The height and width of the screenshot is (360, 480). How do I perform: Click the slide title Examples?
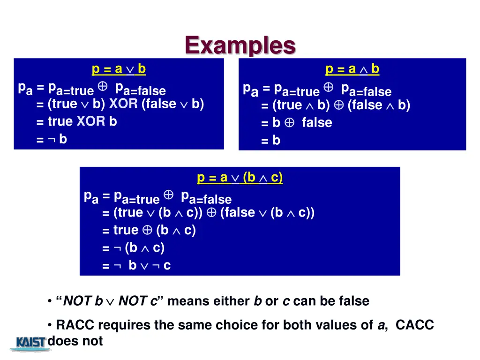[x=240, y=45]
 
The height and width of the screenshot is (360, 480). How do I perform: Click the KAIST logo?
[x=31, y=343]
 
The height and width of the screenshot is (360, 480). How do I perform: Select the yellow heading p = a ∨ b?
[x=119, y=69]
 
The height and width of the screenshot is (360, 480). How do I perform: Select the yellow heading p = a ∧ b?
[x=352, y=69]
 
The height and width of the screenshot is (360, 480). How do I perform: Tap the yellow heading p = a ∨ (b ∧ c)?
[x=240, y=178]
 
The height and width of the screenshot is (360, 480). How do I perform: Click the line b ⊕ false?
[x=297, y=123]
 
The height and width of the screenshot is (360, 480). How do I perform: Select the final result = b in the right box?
[x=271, y=140]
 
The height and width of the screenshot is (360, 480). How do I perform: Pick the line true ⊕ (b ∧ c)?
[x=149, y=230]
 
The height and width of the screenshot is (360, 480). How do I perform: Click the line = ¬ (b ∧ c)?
[x=134, y=248]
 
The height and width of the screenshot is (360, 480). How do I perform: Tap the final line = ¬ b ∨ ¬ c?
[x=136, y=266]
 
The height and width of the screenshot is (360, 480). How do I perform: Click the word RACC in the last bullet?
[x=75, y=325]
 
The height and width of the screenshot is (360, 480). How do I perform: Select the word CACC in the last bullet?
[x=415, y=325]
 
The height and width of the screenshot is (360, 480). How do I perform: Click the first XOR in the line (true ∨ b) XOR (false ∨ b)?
[x=123, y=104]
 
